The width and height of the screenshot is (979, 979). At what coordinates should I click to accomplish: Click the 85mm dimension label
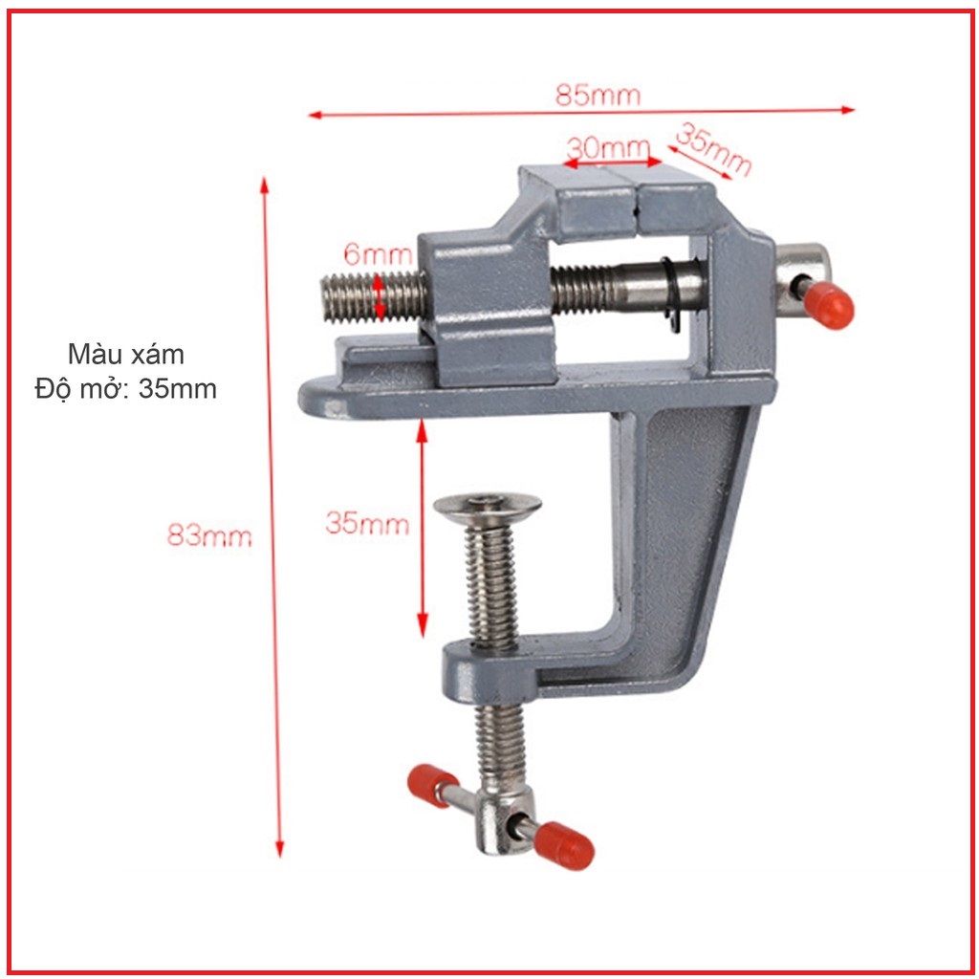(x=598, y=96)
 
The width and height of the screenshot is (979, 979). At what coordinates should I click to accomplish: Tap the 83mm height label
(x=209, y=535)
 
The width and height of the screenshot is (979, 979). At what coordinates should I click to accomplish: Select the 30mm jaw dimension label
(x=608, y=148)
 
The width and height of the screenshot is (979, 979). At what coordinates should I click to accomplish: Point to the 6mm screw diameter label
(x=378, y=255)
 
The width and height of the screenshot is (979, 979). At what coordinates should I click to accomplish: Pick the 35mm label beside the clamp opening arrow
(x=367, y=524)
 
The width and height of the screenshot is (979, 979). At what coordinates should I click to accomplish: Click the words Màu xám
(x=126, y=354)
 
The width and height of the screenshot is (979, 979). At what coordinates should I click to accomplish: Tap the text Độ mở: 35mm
(x=126, y=389)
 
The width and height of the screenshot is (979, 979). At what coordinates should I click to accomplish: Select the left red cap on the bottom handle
(x=432, y=784)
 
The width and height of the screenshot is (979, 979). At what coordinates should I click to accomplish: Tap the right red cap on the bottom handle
(x=564, y=845)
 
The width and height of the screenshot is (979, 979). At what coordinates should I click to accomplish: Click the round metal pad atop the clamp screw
(x=487, y=505)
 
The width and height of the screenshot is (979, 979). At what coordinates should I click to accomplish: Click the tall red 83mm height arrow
(x=272, y=516)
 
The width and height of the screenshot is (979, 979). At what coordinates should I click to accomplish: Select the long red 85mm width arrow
(x=580, y=112)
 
